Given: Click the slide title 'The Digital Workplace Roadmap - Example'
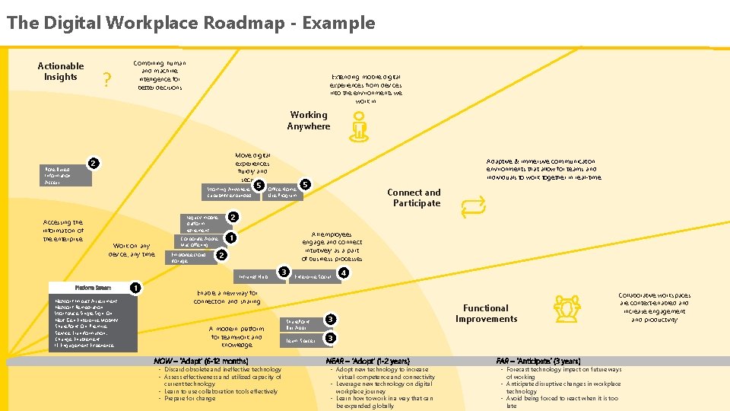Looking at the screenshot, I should point(191,23).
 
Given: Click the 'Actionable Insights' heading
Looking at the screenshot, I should point(61,72).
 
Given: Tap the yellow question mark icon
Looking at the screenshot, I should point(107,80).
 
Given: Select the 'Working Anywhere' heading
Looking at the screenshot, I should point(308,121).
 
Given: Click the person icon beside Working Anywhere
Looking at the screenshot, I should point(358,126).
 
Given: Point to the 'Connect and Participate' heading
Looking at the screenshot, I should point(414,198).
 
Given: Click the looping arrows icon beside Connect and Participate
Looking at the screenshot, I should point(472,205).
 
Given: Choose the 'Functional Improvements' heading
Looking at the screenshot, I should point(486,314).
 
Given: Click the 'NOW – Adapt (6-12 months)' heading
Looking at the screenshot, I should point(201,361).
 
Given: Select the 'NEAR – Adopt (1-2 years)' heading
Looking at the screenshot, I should point(367,361).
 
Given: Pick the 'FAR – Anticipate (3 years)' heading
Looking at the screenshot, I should point(538,361).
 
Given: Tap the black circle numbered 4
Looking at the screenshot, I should point(344,272).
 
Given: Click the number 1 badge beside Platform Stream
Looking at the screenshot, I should point(134,288).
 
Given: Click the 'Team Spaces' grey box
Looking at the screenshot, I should point(301,341).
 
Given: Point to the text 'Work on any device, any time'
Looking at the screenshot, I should point(133,250).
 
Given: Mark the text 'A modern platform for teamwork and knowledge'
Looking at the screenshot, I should point(236,336).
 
